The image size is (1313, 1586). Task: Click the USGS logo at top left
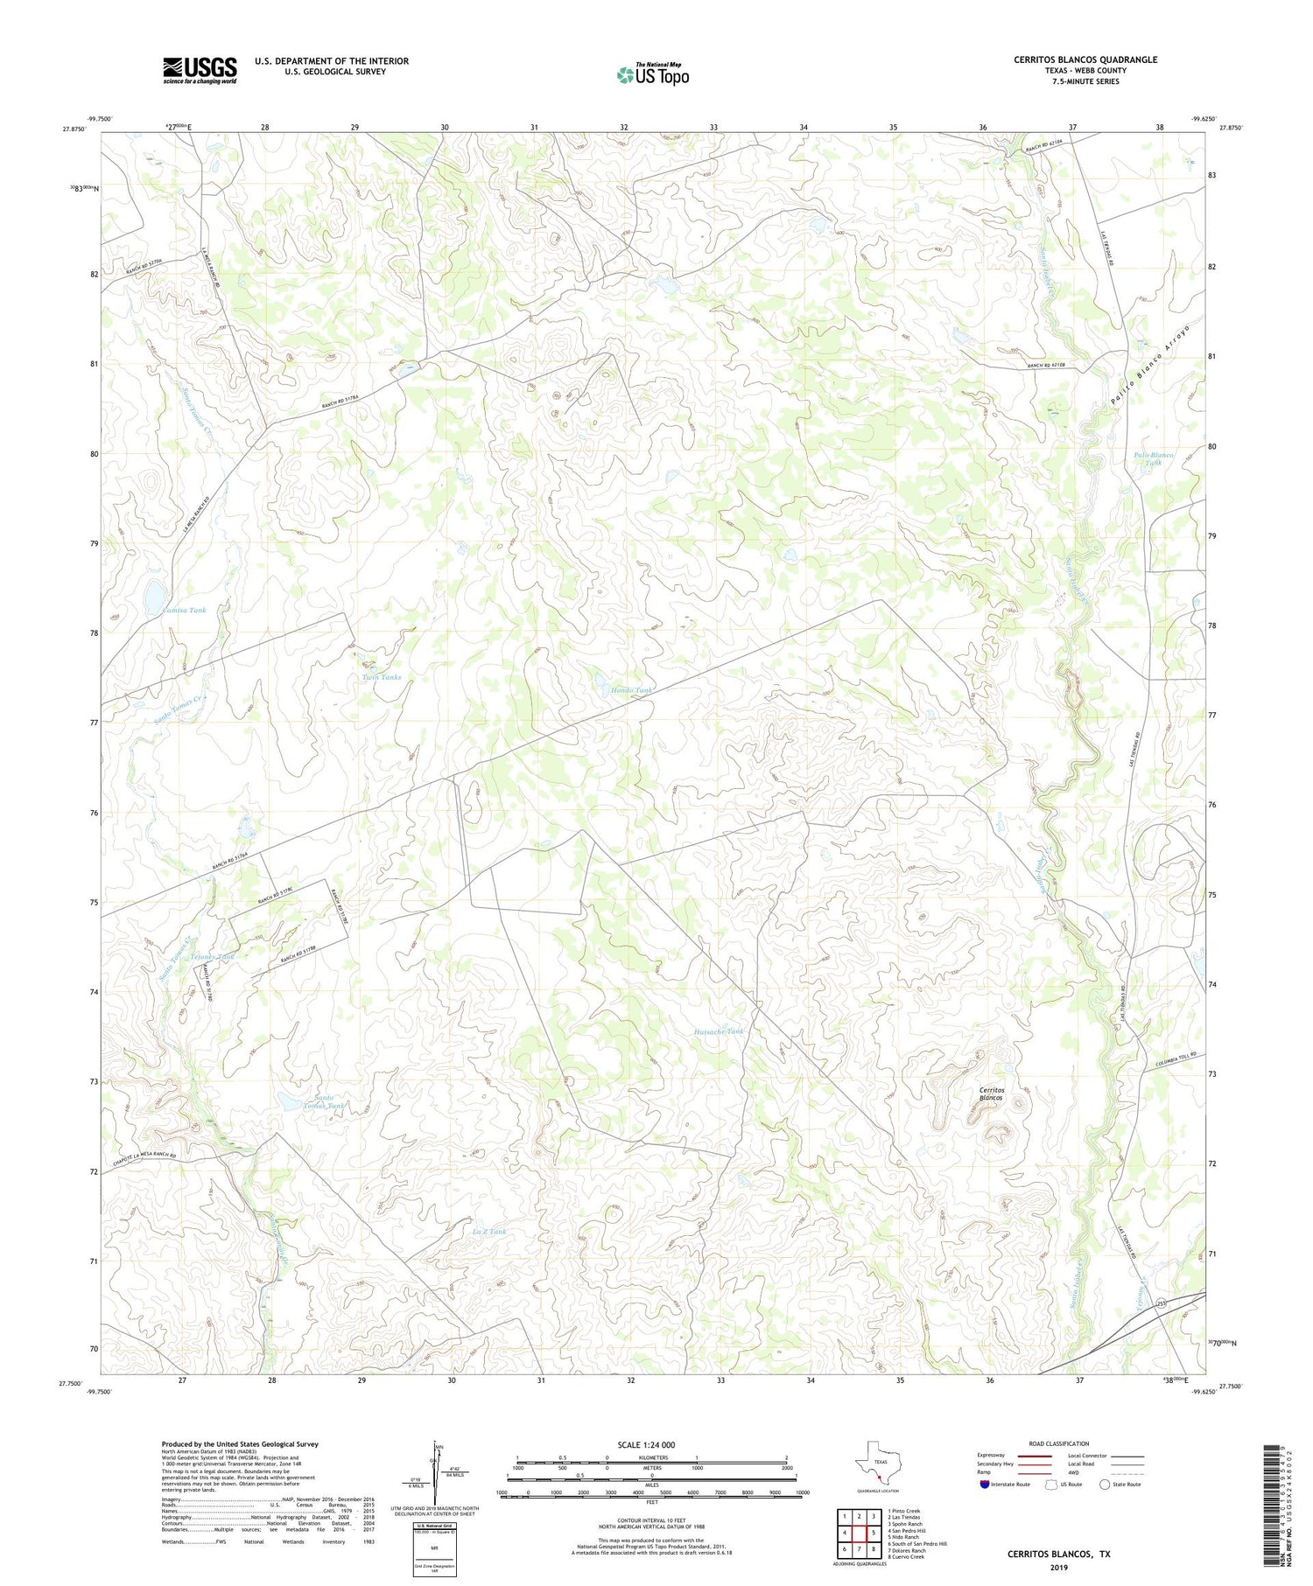coord(200,70)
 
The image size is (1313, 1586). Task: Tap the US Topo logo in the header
coord(652,74)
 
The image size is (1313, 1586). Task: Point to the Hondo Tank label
coord(631,690)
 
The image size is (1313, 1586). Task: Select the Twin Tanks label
coord(382,677)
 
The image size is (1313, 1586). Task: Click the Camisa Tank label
coord(184,610)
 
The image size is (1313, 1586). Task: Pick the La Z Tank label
coord(488,1232)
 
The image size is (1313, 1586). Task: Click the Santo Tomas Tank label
coord(329,1101)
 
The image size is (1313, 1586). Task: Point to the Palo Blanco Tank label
coord(1153,458)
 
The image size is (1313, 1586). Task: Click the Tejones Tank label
coord(213,957)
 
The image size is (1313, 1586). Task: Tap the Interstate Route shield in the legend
coord(986,1485)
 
